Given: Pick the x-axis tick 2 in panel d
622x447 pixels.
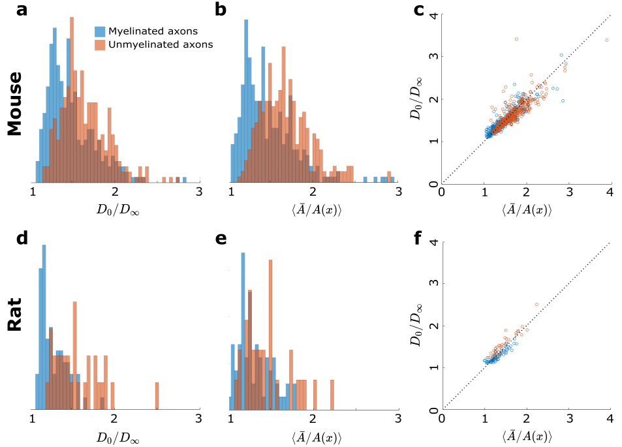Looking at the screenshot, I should pyautogui.click(x=115, y=418).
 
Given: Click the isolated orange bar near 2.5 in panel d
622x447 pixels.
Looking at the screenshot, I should pyautogui.click(x=157, y=395).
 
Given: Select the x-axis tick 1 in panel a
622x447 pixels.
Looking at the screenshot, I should pyautogui.click(x=33, y=192).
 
